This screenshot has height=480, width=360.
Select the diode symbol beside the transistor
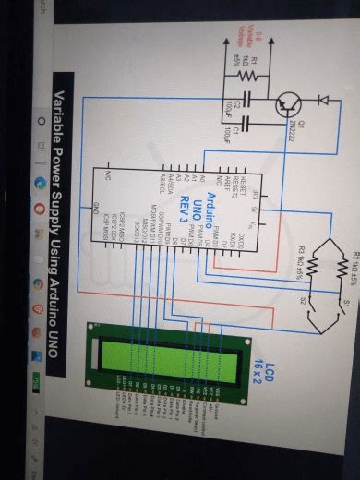point(323,101)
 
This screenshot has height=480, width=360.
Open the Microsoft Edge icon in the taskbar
point(39,183)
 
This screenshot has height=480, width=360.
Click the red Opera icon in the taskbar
point(39,209)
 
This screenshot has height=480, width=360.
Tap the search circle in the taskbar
point(39,121)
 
